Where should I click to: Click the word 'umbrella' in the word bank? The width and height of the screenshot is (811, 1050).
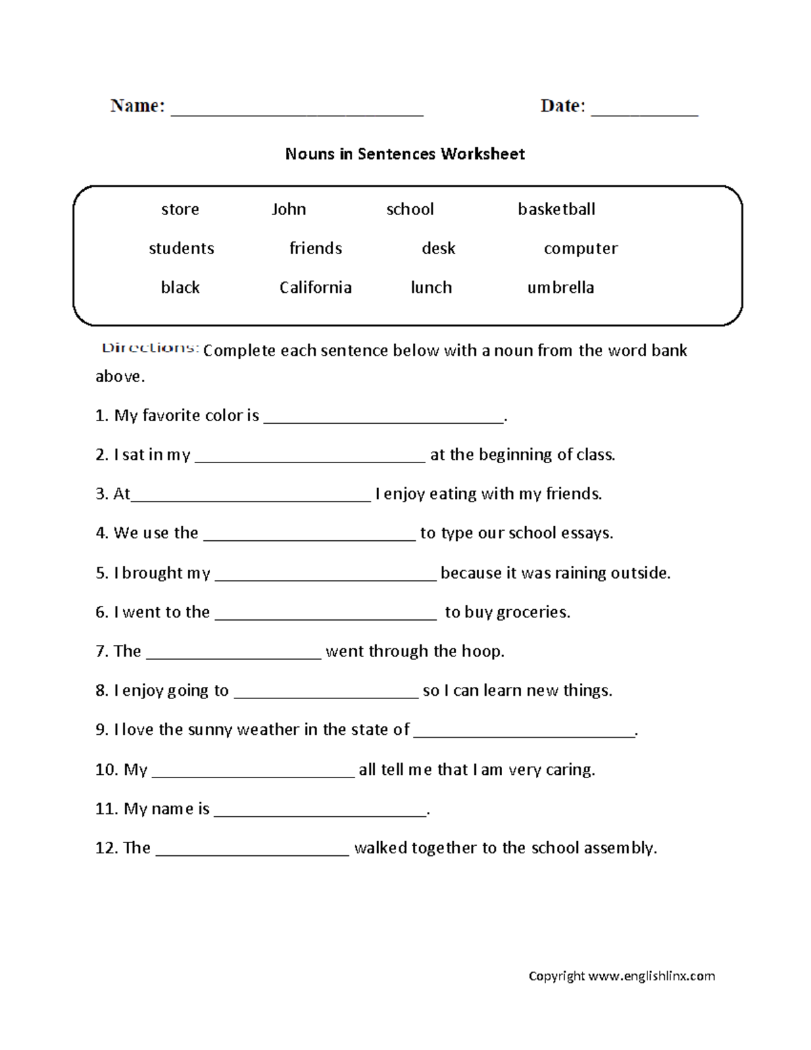click(560, 287)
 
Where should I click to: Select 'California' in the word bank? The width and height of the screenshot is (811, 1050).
click(316, 287)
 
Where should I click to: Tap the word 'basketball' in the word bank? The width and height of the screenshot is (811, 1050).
click(556, 209)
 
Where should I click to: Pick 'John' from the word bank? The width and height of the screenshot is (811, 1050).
click(289, 209)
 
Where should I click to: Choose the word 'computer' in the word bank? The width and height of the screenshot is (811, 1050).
click(581, 248)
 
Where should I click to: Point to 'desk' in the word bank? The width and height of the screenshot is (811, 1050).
click(438, 248)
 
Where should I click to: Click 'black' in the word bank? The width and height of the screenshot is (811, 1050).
click(180, 287)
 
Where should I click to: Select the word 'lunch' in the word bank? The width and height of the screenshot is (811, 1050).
click(431, 287)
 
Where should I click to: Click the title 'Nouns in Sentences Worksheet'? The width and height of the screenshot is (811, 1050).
click(405, 154)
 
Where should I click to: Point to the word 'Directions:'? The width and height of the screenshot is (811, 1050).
click(150, 348)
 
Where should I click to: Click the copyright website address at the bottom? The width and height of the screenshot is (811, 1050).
click(651, 976)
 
